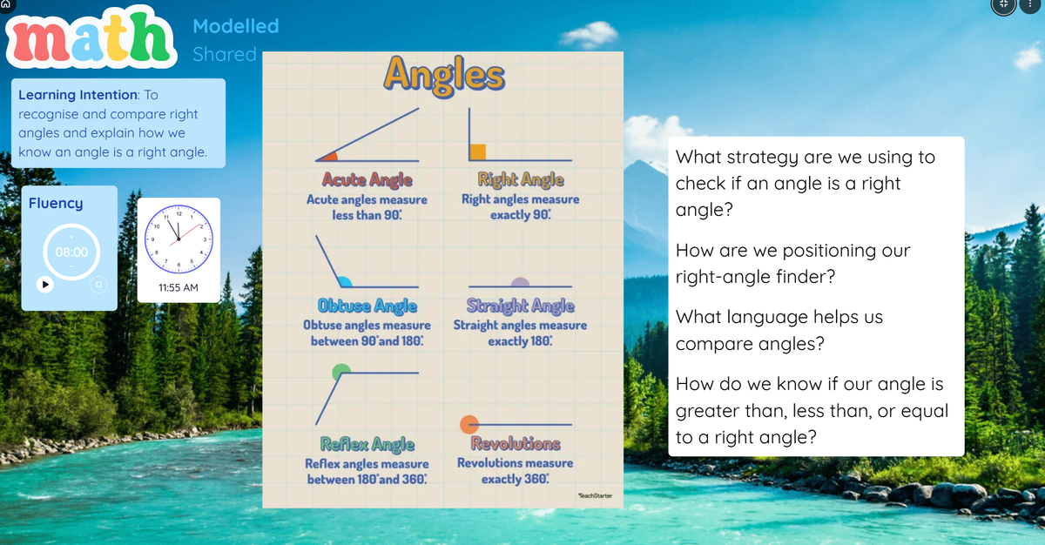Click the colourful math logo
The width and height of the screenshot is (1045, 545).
pos(91,37)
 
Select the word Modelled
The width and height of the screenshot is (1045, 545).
pos(236,26)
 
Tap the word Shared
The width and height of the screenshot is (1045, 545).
pos(225,55)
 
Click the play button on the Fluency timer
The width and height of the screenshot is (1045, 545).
pos(45,285)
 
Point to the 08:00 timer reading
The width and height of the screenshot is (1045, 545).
pos(71,252)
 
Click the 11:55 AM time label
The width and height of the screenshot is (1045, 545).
pos(179,287)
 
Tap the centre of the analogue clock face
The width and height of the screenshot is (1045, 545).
pos(179,239)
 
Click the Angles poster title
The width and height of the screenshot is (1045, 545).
pos(444,76)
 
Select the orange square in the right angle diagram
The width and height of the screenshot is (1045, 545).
pos(478,152)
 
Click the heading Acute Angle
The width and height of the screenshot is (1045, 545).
pos(367,179)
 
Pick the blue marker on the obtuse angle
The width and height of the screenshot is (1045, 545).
pos(344,281)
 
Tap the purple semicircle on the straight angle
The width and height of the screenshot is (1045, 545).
pos(520,282)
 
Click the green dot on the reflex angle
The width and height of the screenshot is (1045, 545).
pos(341,372)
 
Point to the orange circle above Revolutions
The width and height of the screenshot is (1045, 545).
pos(469,424)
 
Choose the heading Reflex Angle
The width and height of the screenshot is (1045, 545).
pos(367,444)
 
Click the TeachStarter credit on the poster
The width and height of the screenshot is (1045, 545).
pos(596,495)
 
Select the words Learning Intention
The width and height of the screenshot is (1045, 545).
pos(78,95)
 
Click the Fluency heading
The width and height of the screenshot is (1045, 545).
pos(56,203)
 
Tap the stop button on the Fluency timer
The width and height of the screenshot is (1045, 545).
pos(98,285)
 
